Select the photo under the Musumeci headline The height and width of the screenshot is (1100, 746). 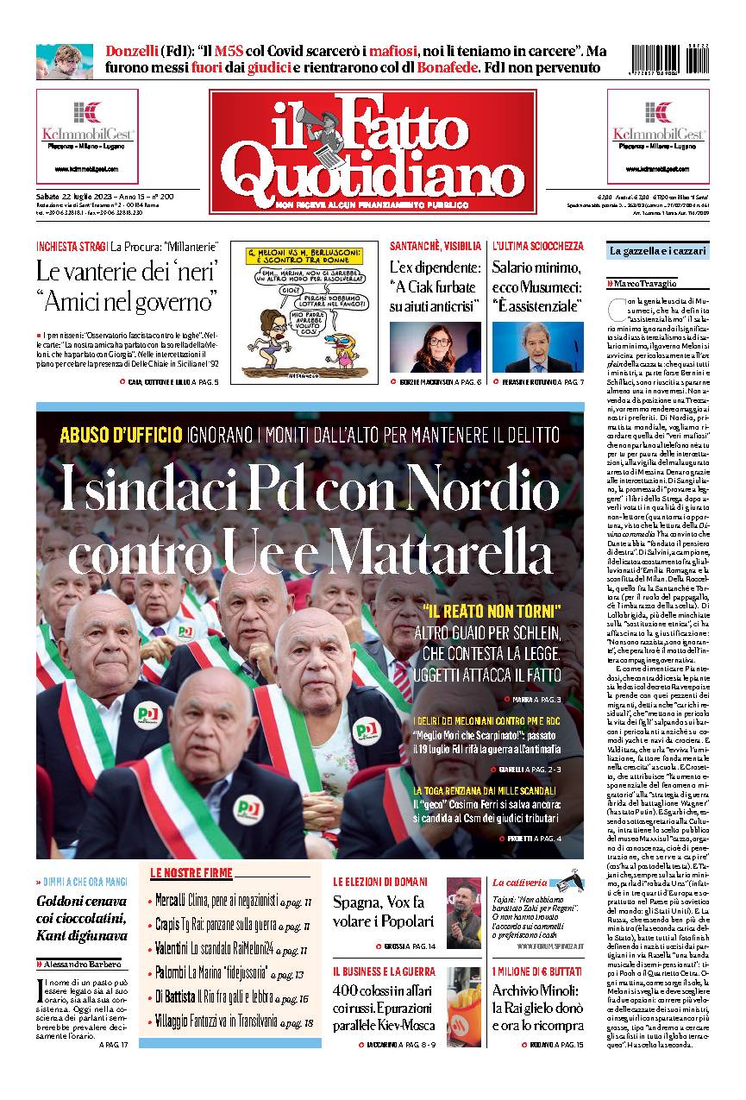[x=537, y=347]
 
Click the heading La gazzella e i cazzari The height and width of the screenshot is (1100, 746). [x=657, y=251]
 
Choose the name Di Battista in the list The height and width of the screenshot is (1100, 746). [x=174, y=997]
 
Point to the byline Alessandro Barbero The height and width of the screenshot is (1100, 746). [x=85, y=964]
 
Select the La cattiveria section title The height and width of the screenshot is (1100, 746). [x=519, y=882]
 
